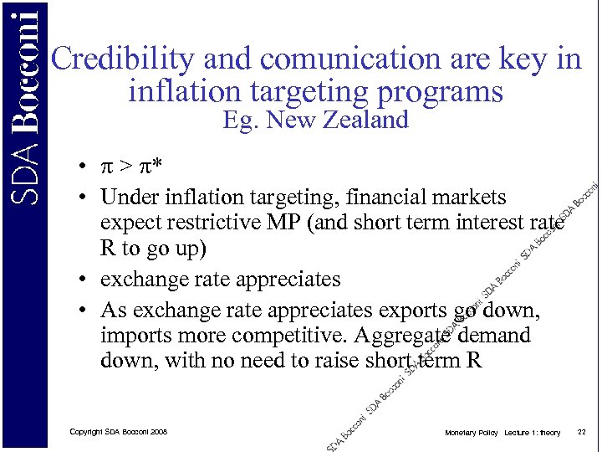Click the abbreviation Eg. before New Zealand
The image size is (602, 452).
[x=240, y=121]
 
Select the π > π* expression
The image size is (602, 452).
[x=131, y=168]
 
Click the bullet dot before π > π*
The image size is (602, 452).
[x=85, y=168]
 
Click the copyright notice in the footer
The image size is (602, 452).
[x=119, y=432]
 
